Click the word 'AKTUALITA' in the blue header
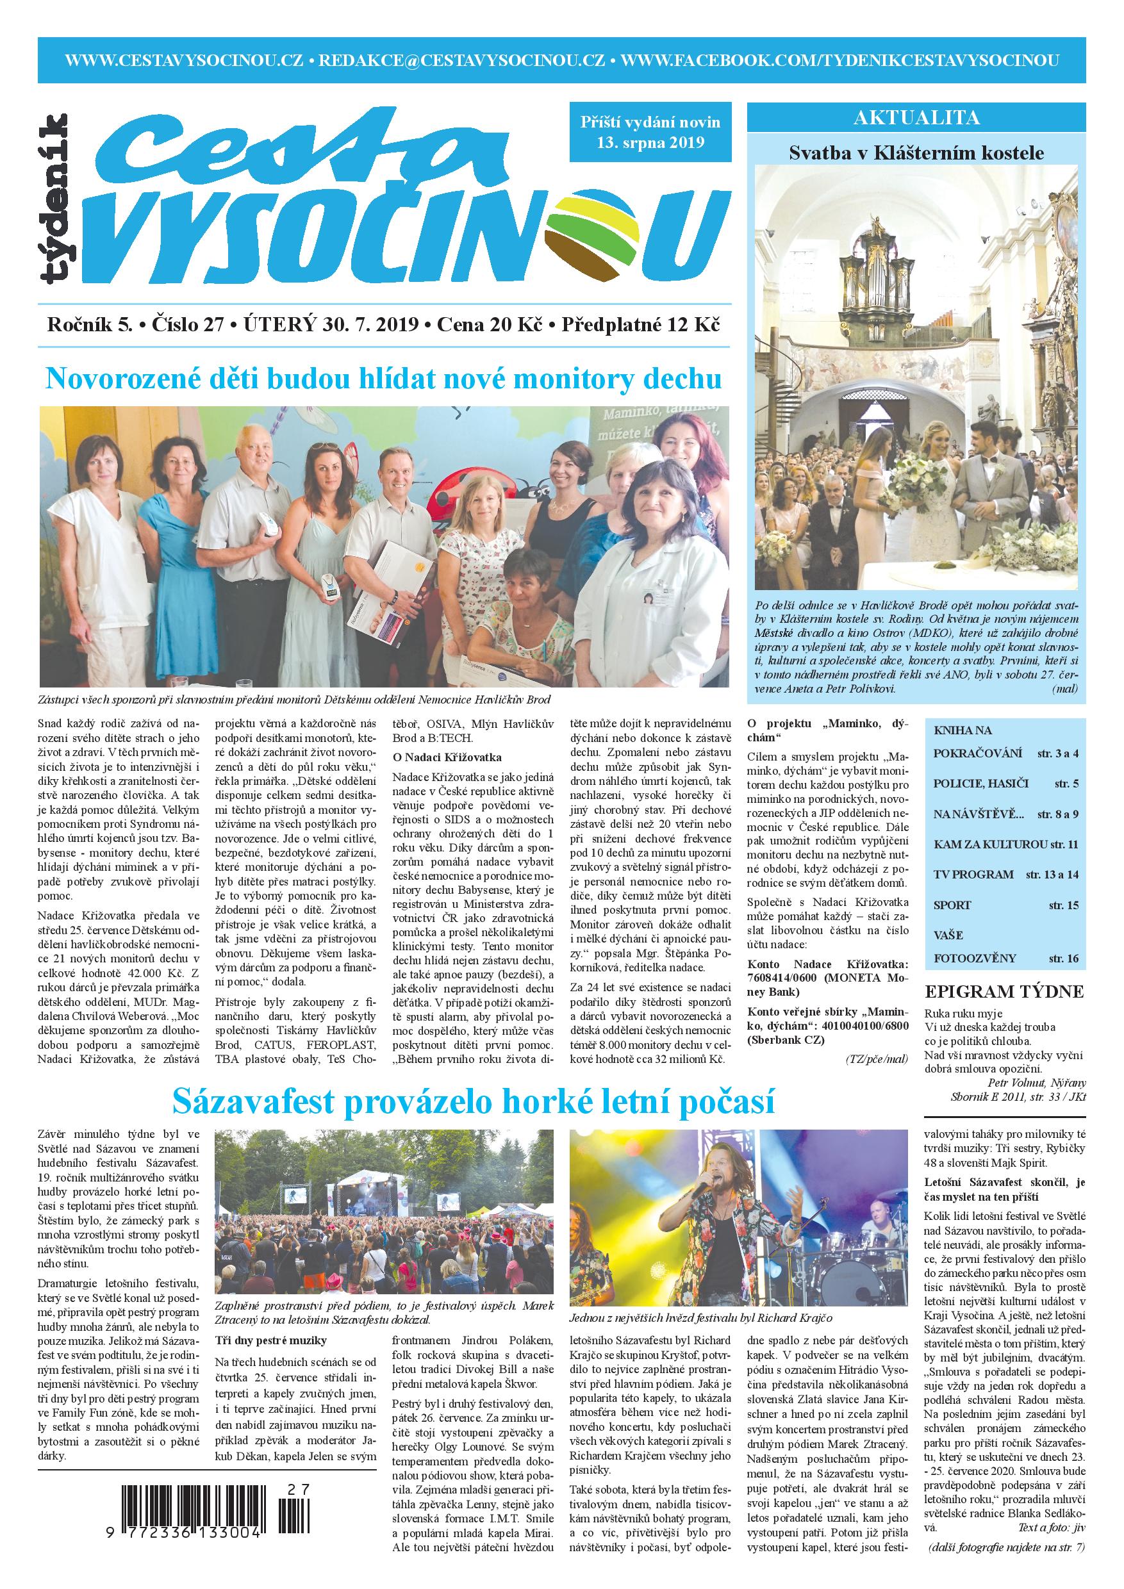click(916, 118)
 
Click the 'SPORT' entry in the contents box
click(952, 905)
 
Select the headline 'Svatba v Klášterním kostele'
click(916, 153)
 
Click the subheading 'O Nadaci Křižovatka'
click(447, 757)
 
